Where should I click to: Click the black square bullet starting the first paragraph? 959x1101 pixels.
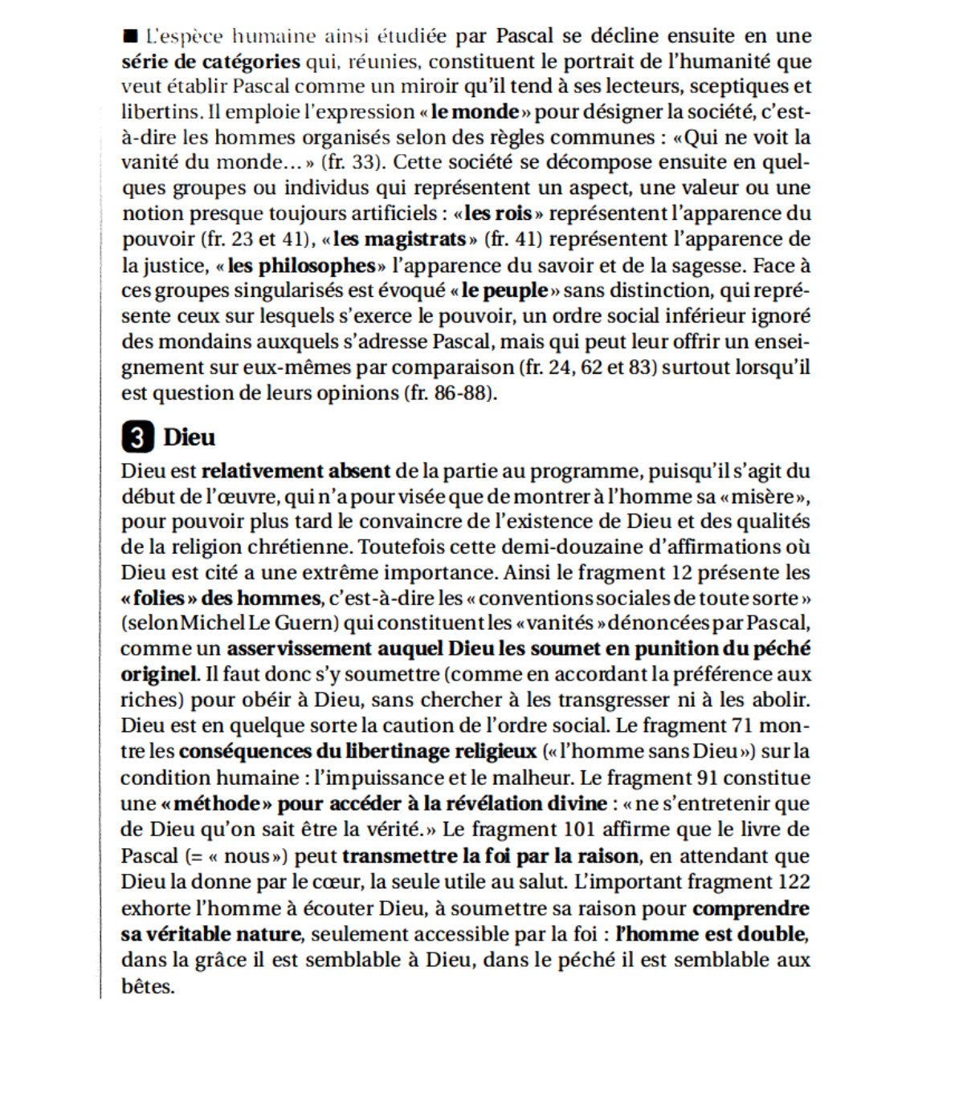pos(130,36)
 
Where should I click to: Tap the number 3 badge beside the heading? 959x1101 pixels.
pos(137,437)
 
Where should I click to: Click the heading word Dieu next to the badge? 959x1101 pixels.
pos(190,437)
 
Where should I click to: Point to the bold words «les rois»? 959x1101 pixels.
pos(498,213)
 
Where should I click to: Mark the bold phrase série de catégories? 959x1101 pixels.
pos(211,62)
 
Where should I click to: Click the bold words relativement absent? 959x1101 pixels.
pos(296,471)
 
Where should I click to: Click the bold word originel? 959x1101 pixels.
pos(158,674)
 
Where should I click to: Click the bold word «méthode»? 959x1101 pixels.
pos(215,803)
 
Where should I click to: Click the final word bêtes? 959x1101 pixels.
pos(147,986)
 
